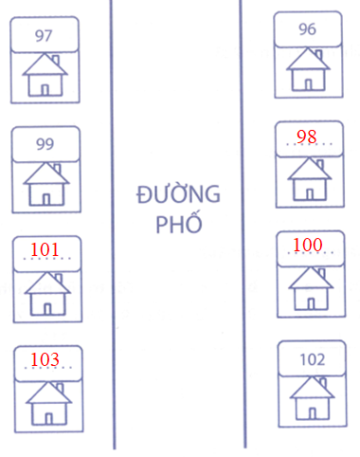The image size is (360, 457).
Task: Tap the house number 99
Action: click(45, 144)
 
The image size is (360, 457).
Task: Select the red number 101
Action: click(45, 250)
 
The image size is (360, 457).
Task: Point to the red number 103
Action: click(45, 359)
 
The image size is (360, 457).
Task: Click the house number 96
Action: click(307, 29)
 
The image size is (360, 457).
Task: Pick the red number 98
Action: click(306, 137)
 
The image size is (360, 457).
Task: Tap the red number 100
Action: click(307, 246)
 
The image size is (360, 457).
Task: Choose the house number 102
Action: click(311, 359)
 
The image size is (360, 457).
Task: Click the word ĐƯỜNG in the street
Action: click(178, 196)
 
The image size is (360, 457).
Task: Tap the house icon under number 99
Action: click(45, 184)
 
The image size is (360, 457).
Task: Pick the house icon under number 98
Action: click(307, 178)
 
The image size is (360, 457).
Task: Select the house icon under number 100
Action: click(307, 287)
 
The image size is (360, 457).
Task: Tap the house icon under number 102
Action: click(311, 398)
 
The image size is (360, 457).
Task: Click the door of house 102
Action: click(311, 411)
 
